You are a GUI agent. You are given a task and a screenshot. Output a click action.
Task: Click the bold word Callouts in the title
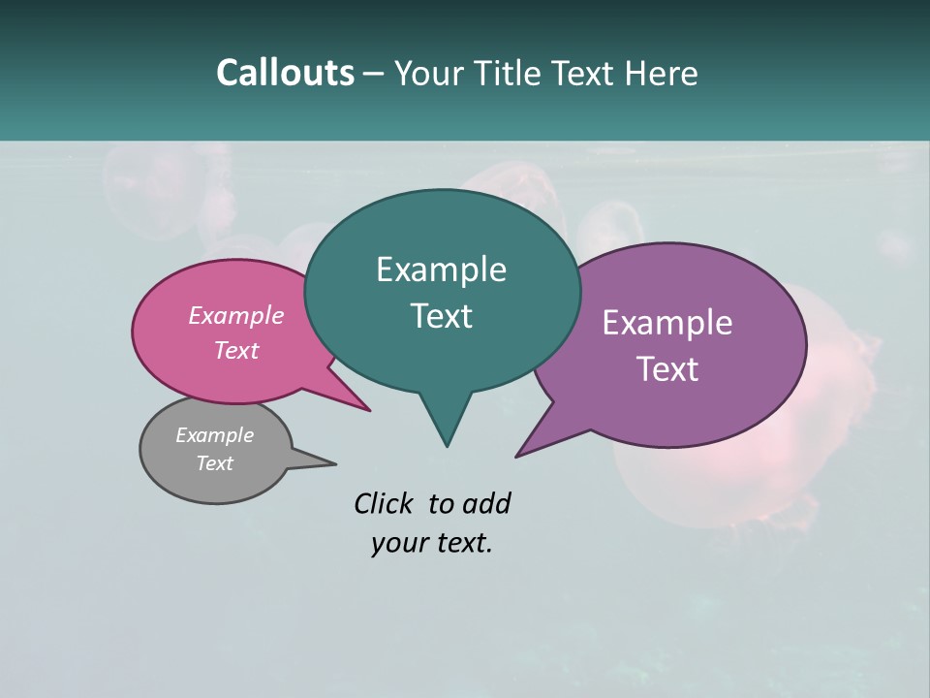point(285,73)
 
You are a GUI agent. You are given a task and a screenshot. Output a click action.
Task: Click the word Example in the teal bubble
point(441,270)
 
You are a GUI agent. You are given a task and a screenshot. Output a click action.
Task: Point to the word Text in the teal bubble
point(441,316)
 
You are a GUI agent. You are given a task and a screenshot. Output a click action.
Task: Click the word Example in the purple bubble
point(667,323)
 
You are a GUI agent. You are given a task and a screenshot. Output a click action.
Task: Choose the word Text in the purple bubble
point(667,369)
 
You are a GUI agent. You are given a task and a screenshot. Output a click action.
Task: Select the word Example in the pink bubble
point(236,315)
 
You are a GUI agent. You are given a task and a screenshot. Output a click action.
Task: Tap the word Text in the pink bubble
point(236,350)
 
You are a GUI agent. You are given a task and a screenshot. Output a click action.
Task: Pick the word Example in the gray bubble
point(214,435)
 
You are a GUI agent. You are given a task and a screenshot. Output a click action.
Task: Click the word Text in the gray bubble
point(214,463)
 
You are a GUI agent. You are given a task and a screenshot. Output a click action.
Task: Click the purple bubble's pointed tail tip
point(517,456)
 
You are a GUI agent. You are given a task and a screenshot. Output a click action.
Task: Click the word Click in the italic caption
point(385,503)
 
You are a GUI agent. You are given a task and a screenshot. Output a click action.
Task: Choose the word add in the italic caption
point(486,503)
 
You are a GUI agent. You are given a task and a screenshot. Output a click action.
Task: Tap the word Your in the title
point(430,73)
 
